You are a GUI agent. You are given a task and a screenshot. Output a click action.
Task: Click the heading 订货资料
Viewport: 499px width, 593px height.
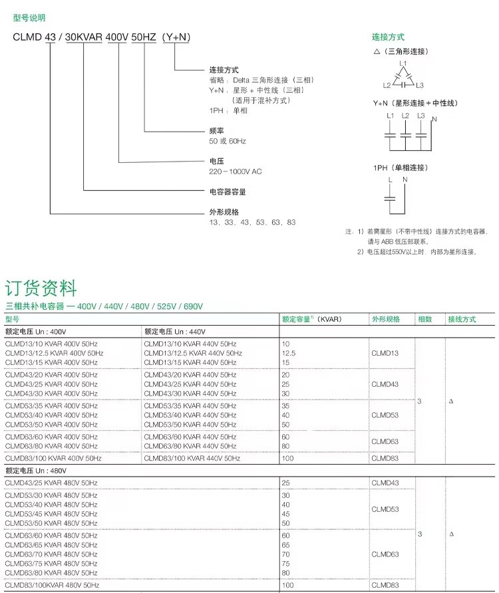pyautogui.click(x=41, y=289)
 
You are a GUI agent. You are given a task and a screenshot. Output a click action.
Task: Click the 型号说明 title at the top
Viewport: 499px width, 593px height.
pyautogui.click(x=29, y=18)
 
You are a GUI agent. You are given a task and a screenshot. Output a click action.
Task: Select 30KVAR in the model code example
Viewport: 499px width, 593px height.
pyautogui.click(x=84, y=37)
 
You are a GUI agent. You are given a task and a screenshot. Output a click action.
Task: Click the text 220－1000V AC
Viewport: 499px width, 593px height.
pyautogui.click(x=236, y=172)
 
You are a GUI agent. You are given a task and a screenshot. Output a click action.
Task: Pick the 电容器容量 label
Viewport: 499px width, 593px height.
pyautogui.click(x=228, y=192)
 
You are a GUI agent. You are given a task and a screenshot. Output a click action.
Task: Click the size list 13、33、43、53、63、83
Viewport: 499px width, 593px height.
pyautogui.click(x=252, y=222)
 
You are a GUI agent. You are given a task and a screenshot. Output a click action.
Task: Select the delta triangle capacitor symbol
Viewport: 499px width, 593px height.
pyautogui.click(x=403, y=77)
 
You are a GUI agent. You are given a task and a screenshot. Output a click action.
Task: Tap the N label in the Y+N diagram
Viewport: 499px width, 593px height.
pyautogui.click(x=434, y=120)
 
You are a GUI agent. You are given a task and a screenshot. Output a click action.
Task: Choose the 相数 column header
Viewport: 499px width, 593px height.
pyautogui.click(x=424, y=319)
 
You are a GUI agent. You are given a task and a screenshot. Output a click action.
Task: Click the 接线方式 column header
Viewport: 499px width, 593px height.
pyautogui.click(x=462, y=319)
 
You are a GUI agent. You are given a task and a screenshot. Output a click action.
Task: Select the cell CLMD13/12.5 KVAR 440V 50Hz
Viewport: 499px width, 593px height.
pyautogui.click(x=194, y=353)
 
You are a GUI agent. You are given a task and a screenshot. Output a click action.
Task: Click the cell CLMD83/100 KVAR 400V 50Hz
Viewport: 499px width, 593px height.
pyautogui.click(x=53, y=458)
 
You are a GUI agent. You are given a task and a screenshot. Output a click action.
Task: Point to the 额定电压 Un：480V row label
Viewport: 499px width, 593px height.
pyautogui.click(x=36, y=470)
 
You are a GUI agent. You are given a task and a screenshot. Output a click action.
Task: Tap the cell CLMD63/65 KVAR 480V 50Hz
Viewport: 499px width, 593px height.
pyautogui.click(x=51, y=544)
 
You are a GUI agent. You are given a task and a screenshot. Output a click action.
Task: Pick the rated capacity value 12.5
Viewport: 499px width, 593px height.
pyautogui.click(x=289, y=353)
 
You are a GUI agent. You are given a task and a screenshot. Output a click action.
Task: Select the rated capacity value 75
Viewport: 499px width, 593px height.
pyautogui.click(x=287, y=563)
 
